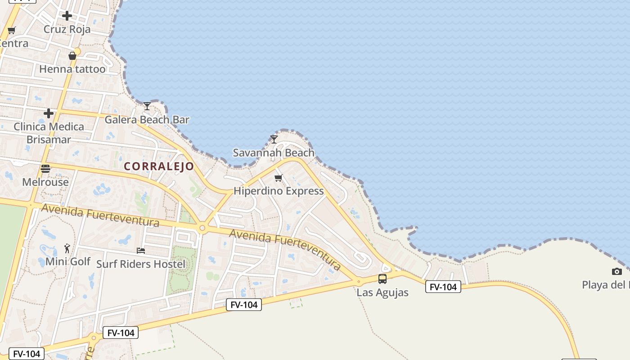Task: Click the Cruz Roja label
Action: click(x=67, y=29)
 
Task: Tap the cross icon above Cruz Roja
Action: click(x=67, y=16)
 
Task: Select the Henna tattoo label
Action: click(x=72, y=69)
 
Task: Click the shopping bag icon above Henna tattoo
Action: click(x=72, y=56)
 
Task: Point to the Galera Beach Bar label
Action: click(x=147, y=120)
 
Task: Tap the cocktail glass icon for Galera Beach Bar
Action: click(x=147, y=106)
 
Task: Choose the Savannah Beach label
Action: click(x=274, y=153)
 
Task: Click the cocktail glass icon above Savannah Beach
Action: click(x=274, y=139)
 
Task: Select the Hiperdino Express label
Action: click(x=279, y=191)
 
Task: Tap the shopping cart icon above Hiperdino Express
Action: click(x=279, y=178)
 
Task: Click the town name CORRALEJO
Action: click(x=159, y=166)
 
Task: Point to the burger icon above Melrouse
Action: click(x=45, y=169)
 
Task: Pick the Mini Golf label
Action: click(x=68, y=261)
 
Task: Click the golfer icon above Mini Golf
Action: click(x=67, y=248)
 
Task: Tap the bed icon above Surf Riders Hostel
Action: click(x=141, y=250)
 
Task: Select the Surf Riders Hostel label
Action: click(x=141, y=264)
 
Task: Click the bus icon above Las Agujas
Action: click(x=382, y=279)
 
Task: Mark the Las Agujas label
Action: click(x=382, y=292)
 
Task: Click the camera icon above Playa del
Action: click(x=617, y=271)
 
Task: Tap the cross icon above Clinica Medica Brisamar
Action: click(x=49, y=113)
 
